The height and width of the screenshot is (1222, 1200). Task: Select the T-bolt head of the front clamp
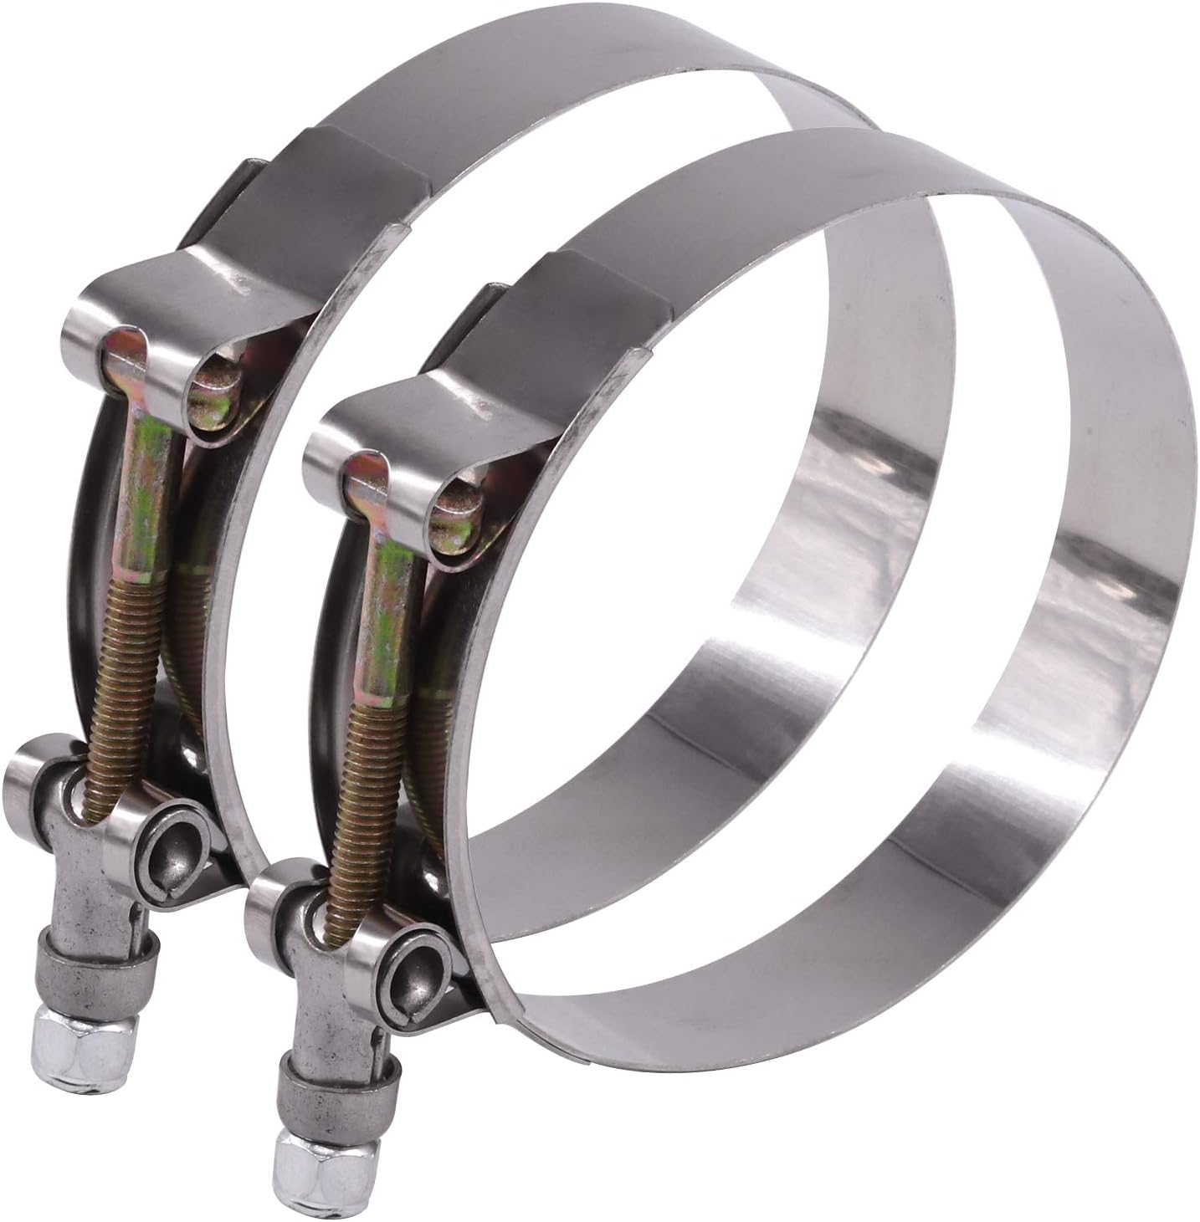click(367, 485)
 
